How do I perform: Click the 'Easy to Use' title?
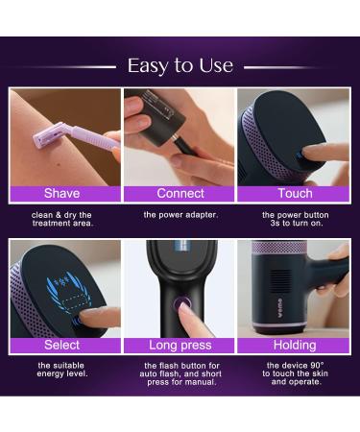(x=180, y=65)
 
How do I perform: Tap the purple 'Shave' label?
(x=61, y=193)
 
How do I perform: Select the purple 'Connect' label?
(x=180, y=193)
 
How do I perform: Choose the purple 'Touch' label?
(x=294, y=193)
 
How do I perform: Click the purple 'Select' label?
(x=61, y=344)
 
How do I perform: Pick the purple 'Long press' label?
(x=180, y=344)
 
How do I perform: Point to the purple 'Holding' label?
(x=294, y=344)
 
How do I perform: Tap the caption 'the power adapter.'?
(x=180, y=214)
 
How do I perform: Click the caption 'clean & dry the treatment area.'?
(x=61, y=219)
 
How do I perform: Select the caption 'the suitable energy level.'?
(x=61, y=370)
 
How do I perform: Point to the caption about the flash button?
(x=180, y=374)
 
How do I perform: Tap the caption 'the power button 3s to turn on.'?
(x=294, y=219)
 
